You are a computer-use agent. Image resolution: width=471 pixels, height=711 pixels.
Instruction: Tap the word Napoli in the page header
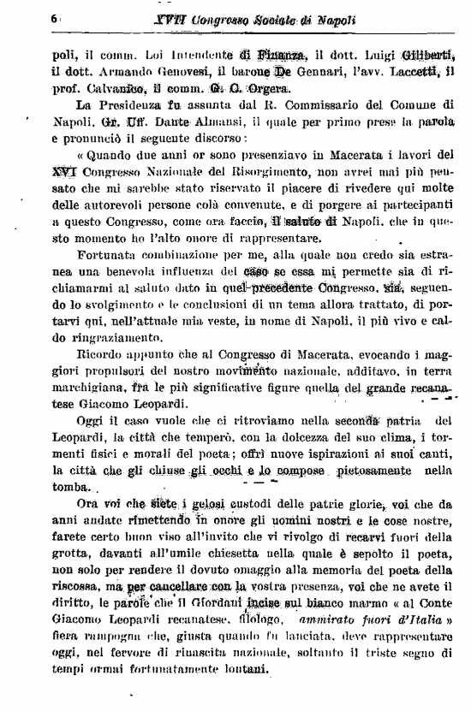337,18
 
